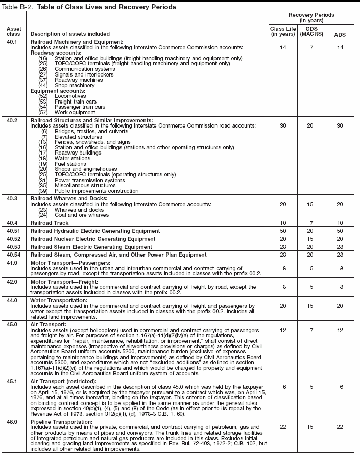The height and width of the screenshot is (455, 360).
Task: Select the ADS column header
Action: [x=339, y=34]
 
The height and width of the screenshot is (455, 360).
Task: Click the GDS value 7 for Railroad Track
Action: [x=311, y=223]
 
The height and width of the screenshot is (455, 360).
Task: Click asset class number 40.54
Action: [x=12, y=255]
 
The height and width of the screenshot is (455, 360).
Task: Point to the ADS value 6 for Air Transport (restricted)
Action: [x=339, y=387]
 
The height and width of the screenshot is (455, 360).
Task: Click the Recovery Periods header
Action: [x=311, y=18]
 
